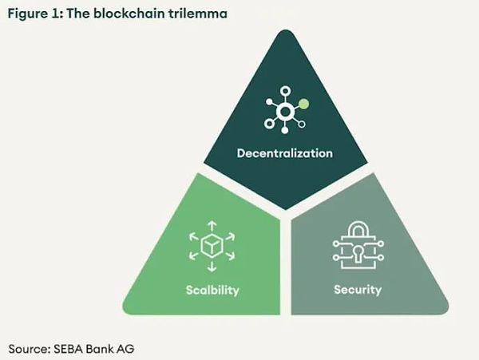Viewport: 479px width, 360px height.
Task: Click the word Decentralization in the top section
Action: [284, 152]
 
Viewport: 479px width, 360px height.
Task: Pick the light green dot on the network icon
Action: [303, 103]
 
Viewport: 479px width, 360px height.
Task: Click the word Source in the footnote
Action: [27, 348]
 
